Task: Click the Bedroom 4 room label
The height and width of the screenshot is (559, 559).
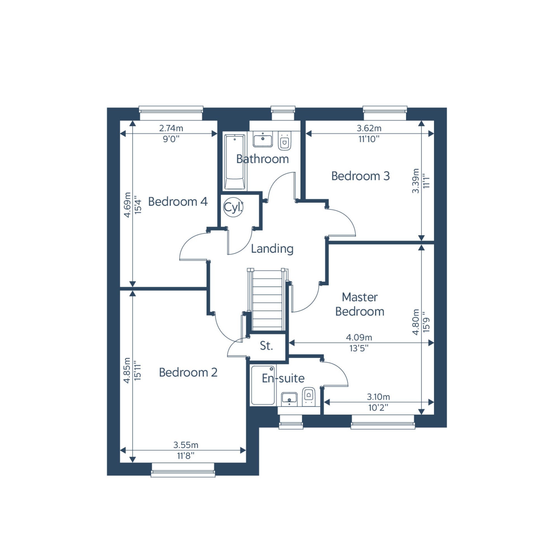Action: (178, 202)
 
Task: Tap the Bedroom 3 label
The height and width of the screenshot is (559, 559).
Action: (361, 176)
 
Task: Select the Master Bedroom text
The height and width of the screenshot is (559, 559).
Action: (360, 304)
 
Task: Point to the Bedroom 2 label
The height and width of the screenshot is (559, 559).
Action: (188, 372)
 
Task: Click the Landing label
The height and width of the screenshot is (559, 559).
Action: (272, 249)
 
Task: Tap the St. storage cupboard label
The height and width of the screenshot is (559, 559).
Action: (266, 345)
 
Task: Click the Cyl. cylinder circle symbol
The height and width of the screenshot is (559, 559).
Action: (233, 207)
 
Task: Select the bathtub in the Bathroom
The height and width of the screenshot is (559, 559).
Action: (235, 162)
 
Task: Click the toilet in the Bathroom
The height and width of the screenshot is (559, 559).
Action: (285, 141)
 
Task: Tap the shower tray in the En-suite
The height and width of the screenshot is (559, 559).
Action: (263, 385)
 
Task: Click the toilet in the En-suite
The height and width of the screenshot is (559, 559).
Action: (309, 397)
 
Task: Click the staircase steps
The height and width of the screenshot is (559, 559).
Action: (268, 300)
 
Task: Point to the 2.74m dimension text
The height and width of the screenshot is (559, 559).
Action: (171, 128)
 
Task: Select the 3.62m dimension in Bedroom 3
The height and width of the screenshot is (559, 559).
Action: (369, 128)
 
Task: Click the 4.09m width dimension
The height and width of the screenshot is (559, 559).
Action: (359, 337)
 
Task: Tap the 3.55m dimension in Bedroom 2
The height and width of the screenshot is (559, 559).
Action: (186, 445)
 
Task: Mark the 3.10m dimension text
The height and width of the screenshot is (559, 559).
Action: (378, 396)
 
